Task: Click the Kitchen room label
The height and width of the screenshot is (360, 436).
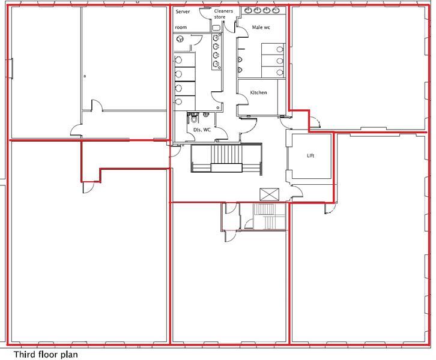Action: click(x=258, y=93)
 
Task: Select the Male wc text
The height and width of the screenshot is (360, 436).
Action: click(x=261, y=28)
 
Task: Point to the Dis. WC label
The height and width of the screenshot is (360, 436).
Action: click(x=201, y=130)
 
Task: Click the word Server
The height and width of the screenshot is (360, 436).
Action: click(x=183, y=11)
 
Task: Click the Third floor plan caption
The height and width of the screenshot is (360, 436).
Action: click(x=46, y=354)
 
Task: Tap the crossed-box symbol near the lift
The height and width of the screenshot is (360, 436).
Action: click(x=268, y=194)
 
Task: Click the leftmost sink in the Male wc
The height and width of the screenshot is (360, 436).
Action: click(x=248, y=11)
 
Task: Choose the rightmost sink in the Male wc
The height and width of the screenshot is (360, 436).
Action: click(x=276, y=11)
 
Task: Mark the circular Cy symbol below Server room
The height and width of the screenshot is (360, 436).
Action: click(x=180, y=40)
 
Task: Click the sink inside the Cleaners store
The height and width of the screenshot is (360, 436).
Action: click(x=216, y=27)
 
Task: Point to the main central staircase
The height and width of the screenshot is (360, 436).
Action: click(x=227, y=159)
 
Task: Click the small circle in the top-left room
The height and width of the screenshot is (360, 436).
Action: click(x=85, y=76)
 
